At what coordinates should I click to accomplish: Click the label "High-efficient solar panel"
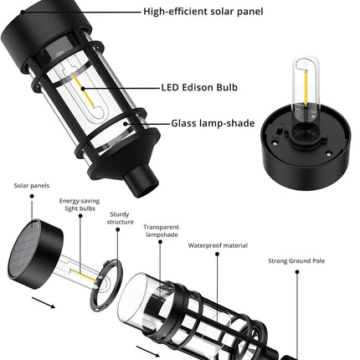[203, 13]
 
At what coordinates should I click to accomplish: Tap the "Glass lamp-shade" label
[213, 122]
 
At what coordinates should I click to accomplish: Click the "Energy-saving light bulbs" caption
[80, 206]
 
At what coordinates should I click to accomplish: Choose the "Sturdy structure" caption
[120, 219]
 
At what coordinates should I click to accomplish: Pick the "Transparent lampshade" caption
[161, 232]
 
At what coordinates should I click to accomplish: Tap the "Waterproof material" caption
[217, 246]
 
